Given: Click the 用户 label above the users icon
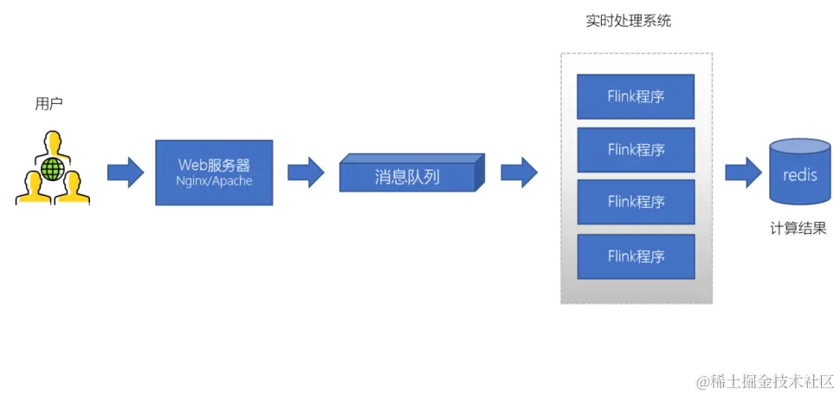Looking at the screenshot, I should [48, 103].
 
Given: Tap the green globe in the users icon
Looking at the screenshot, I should [54, 167].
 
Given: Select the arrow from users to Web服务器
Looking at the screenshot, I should [126, 172].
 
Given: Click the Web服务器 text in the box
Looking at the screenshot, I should [214, 164].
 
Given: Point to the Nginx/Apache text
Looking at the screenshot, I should [214, 182].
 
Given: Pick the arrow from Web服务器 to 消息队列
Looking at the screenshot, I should [305, 172].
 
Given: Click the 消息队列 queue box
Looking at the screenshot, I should [407, 177].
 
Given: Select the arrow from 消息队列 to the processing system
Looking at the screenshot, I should [519, 172].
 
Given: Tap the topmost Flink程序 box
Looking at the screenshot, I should [636, 96].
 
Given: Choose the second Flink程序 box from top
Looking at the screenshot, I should [636, 149].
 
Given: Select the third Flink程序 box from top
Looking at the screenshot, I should [636, 202].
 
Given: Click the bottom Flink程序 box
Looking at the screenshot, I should [636, 256].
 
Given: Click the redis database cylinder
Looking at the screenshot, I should [799, 173].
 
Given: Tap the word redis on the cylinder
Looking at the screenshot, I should [799, 176].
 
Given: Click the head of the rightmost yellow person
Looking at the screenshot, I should [74, 179].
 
